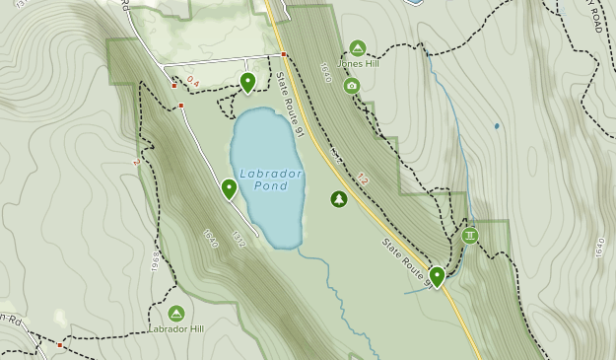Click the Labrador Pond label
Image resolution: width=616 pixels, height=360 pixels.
click(x=270, y=180)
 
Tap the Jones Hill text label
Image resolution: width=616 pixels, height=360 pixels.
click(x=357, y=65)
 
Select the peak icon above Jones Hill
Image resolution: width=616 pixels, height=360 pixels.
click(x=357, y=48)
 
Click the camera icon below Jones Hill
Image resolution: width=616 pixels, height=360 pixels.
click(x=352, y=86)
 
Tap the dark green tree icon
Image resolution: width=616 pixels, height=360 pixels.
click(x=339, y=199)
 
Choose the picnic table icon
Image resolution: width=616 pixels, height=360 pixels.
click(x=470, y=236)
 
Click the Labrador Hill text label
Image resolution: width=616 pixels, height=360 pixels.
click(x=176, y=329)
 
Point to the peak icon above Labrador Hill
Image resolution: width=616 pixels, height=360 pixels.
click(x=176, y=313)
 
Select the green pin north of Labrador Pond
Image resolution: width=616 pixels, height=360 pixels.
click(x=247, y=82)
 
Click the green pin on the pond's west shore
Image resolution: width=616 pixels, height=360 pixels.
click(x=229, y=187)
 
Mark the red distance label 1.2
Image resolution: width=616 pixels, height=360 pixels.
click(x=363, y=179)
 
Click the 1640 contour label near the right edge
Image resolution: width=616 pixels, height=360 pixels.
click(x=598, y=247)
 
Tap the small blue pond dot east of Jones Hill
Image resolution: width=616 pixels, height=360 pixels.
click(x=496, y=126)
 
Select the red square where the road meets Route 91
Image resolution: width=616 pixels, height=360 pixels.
click(x=284, y=54)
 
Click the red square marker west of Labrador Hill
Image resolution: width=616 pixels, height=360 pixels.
click(x=60, y=345)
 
